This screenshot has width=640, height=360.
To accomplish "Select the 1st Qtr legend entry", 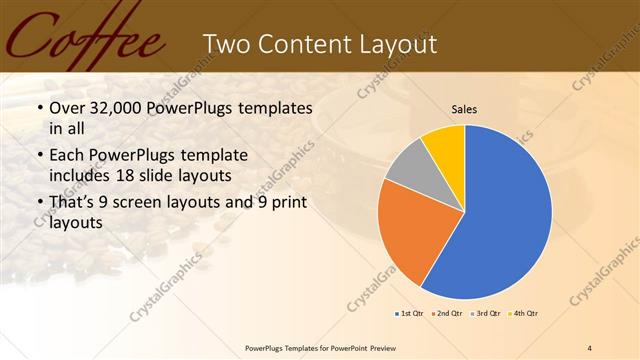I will coord(407,314).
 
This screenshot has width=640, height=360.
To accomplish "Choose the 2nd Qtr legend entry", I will coord(447,314).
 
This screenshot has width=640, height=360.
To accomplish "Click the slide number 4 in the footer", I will coord(590,347).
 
